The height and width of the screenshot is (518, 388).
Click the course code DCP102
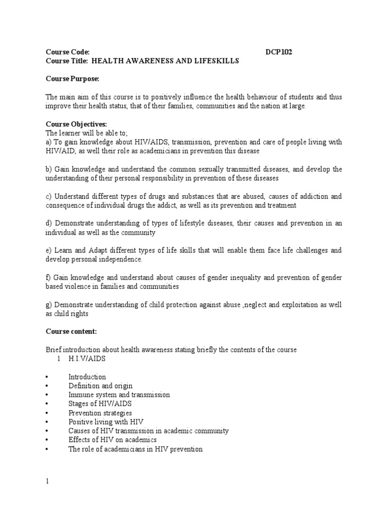tap(279, 52)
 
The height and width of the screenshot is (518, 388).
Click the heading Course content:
tap(71, 331)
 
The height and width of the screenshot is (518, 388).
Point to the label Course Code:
tap(68, 52)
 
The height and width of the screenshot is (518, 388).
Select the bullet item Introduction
tap(87, 377)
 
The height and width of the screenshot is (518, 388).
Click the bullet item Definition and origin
tap(101, 386)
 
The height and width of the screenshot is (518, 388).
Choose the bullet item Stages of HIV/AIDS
tap(100, 404)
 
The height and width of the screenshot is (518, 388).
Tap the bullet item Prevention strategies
tap(100, 413)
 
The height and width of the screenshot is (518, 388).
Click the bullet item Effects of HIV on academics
tap(112, 440)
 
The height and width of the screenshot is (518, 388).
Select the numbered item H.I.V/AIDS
tap(86, 359)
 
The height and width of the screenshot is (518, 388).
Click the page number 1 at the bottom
tap(47, 481)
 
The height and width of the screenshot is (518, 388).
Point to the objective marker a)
tap(49, 143)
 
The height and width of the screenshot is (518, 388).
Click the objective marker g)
tap(49, 305)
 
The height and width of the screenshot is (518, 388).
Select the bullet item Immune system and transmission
tap(119, 395)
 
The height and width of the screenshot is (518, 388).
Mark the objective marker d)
tap(49, 224)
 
